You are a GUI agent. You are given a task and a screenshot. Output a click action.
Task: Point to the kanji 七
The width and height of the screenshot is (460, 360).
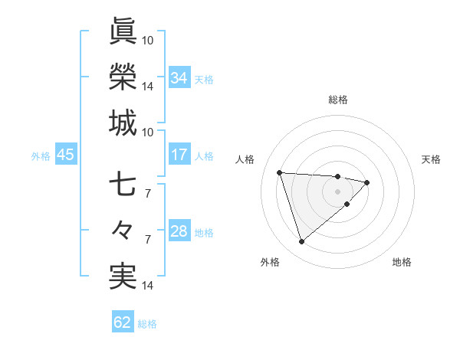pyautogui.click(x=123, y=185)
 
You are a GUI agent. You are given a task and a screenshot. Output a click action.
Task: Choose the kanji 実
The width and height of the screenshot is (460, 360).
pyautogui.click(x=123, y=277)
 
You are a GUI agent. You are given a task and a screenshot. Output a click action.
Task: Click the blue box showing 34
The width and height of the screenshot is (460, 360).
pyautogui.click(x=179, y=77)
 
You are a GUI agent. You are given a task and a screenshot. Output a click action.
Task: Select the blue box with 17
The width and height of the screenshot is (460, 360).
pyautogui.click(x=179, y=155)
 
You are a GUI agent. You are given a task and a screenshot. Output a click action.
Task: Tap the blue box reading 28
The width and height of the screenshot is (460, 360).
pyautogui.click(x=179, y=231)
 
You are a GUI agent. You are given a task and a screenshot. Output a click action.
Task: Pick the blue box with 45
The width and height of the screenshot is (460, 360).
pyautogui.click(x=65, y=155)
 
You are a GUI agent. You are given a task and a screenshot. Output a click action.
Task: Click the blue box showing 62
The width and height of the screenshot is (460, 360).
pyautogui.click(x=123, y=322)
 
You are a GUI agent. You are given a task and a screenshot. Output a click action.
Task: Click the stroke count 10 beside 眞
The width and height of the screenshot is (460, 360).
pyautogui.click(x=148, y=40)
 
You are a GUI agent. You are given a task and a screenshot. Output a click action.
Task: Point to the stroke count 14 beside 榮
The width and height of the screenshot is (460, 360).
pyautogui.click(x=148, y=87)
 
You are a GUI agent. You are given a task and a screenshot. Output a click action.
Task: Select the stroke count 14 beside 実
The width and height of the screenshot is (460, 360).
pyautogui.click(x=148, y=286)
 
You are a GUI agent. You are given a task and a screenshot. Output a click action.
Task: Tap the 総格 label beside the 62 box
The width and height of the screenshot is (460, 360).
pyautogui.click(x=147, y=324)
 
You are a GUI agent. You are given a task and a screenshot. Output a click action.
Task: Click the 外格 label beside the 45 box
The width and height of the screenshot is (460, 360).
pyautogui.click(x=41, y=156)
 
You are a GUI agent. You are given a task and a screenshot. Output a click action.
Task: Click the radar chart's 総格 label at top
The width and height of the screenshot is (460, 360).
pyautogui.click(x=338, y=100)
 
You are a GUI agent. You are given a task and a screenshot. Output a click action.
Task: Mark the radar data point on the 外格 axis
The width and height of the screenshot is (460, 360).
pyautogui.click(x=301, y=242)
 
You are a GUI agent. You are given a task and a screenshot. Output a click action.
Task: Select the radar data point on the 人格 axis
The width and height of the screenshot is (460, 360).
pyautogui.click(x=280, y=172)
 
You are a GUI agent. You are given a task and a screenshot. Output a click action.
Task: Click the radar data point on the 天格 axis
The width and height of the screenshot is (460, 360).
pyautogui.click(x=367, y=182)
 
